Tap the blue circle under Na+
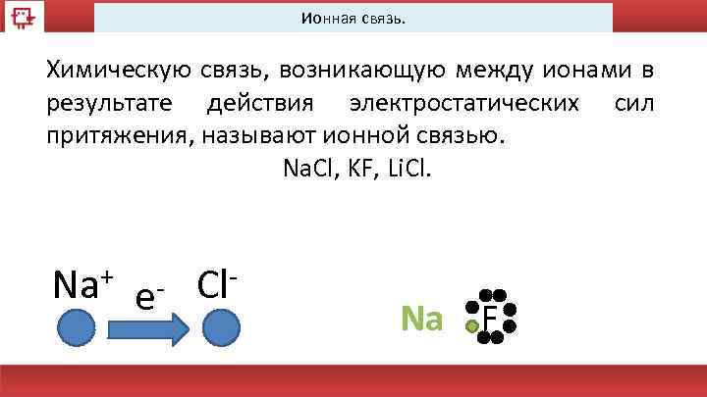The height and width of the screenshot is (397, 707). tap(76, 327)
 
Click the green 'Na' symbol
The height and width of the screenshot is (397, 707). tap(422, 318)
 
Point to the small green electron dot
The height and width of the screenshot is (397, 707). tap(472, 326)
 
